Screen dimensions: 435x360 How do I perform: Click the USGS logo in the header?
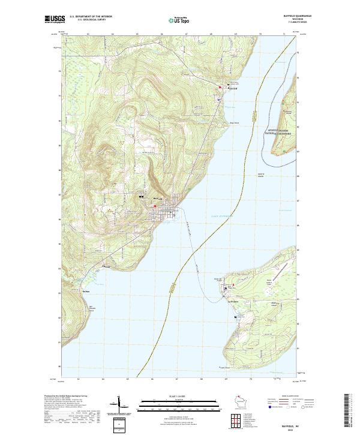click(x=55, y=20)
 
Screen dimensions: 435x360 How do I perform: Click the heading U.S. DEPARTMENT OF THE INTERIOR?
click(x=91, y=17)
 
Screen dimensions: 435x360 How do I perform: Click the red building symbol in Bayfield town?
click(x=155, y=206)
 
